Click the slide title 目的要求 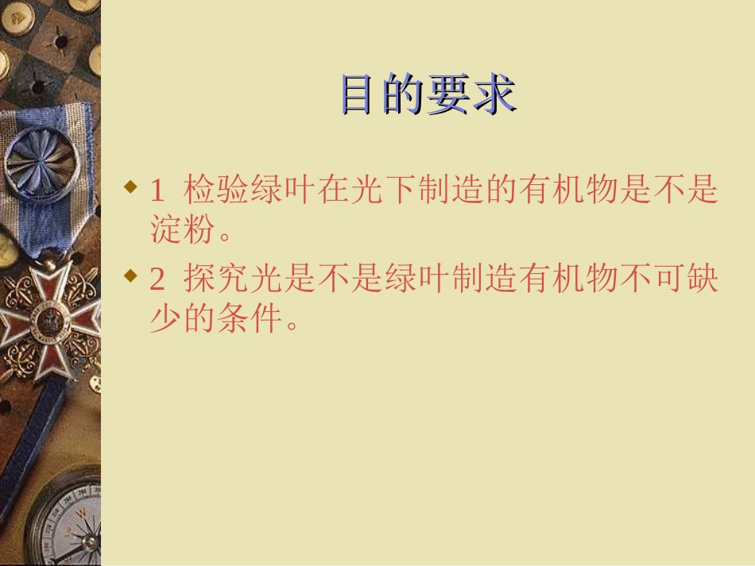[428, 94]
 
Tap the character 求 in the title [494, 94]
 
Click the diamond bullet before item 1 [132, 187]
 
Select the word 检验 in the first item [217, 191]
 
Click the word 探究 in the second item [217, 280]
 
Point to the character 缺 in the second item [702, 280]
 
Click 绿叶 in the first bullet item [284, 191]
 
